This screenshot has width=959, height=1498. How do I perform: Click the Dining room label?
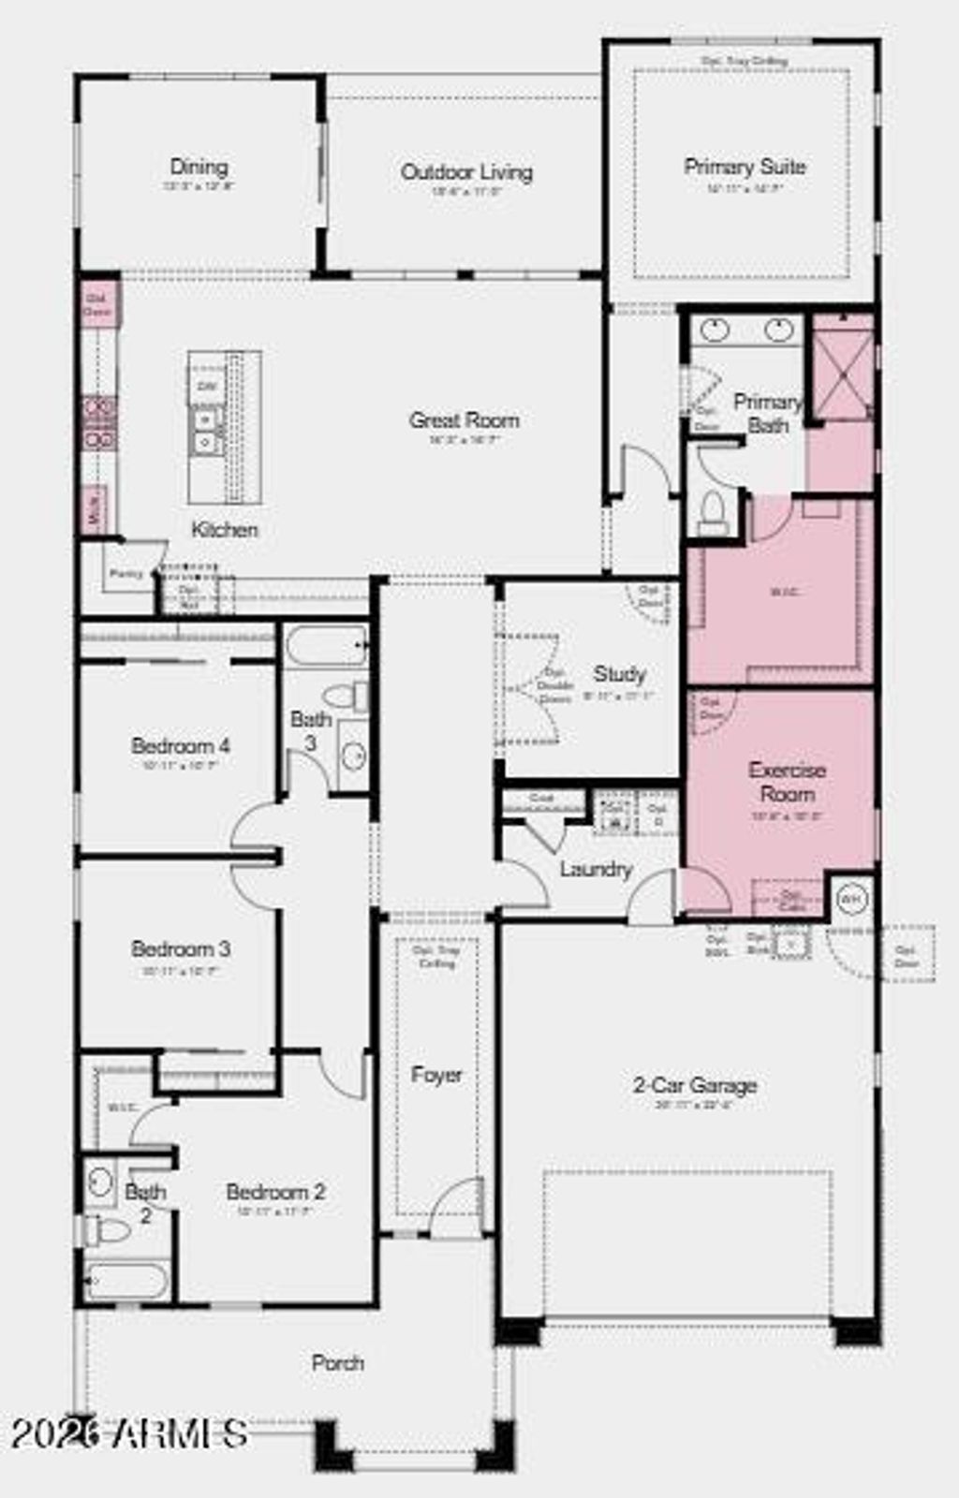coord(199,168)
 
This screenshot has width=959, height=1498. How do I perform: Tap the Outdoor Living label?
coord(466,172)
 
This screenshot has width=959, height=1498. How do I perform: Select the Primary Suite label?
coord(745,167)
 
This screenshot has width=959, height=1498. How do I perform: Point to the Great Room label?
coord(464,420)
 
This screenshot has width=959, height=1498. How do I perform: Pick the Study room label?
coord(619,674)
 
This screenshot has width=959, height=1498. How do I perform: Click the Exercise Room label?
coord(787,782)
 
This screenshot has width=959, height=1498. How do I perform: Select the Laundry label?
coord(596,869)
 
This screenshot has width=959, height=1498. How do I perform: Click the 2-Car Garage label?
coord(695,1085)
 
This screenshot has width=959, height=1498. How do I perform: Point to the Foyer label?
coord(436,1075)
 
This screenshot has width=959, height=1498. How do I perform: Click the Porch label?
coord(337,1363)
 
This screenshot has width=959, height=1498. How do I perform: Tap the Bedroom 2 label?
coord(275,1192)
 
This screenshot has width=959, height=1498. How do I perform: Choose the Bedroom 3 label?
coord(180,948)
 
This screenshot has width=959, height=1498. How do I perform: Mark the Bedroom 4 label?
coord(180,746)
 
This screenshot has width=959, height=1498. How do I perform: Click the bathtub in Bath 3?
coord(326,646)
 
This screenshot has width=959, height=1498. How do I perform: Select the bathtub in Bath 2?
coord(126,1279)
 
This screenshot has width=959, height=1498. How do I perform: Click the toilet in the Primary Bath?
coord(713,511)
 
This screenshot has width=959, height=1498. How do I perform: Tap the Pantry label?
coord(126,573)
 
